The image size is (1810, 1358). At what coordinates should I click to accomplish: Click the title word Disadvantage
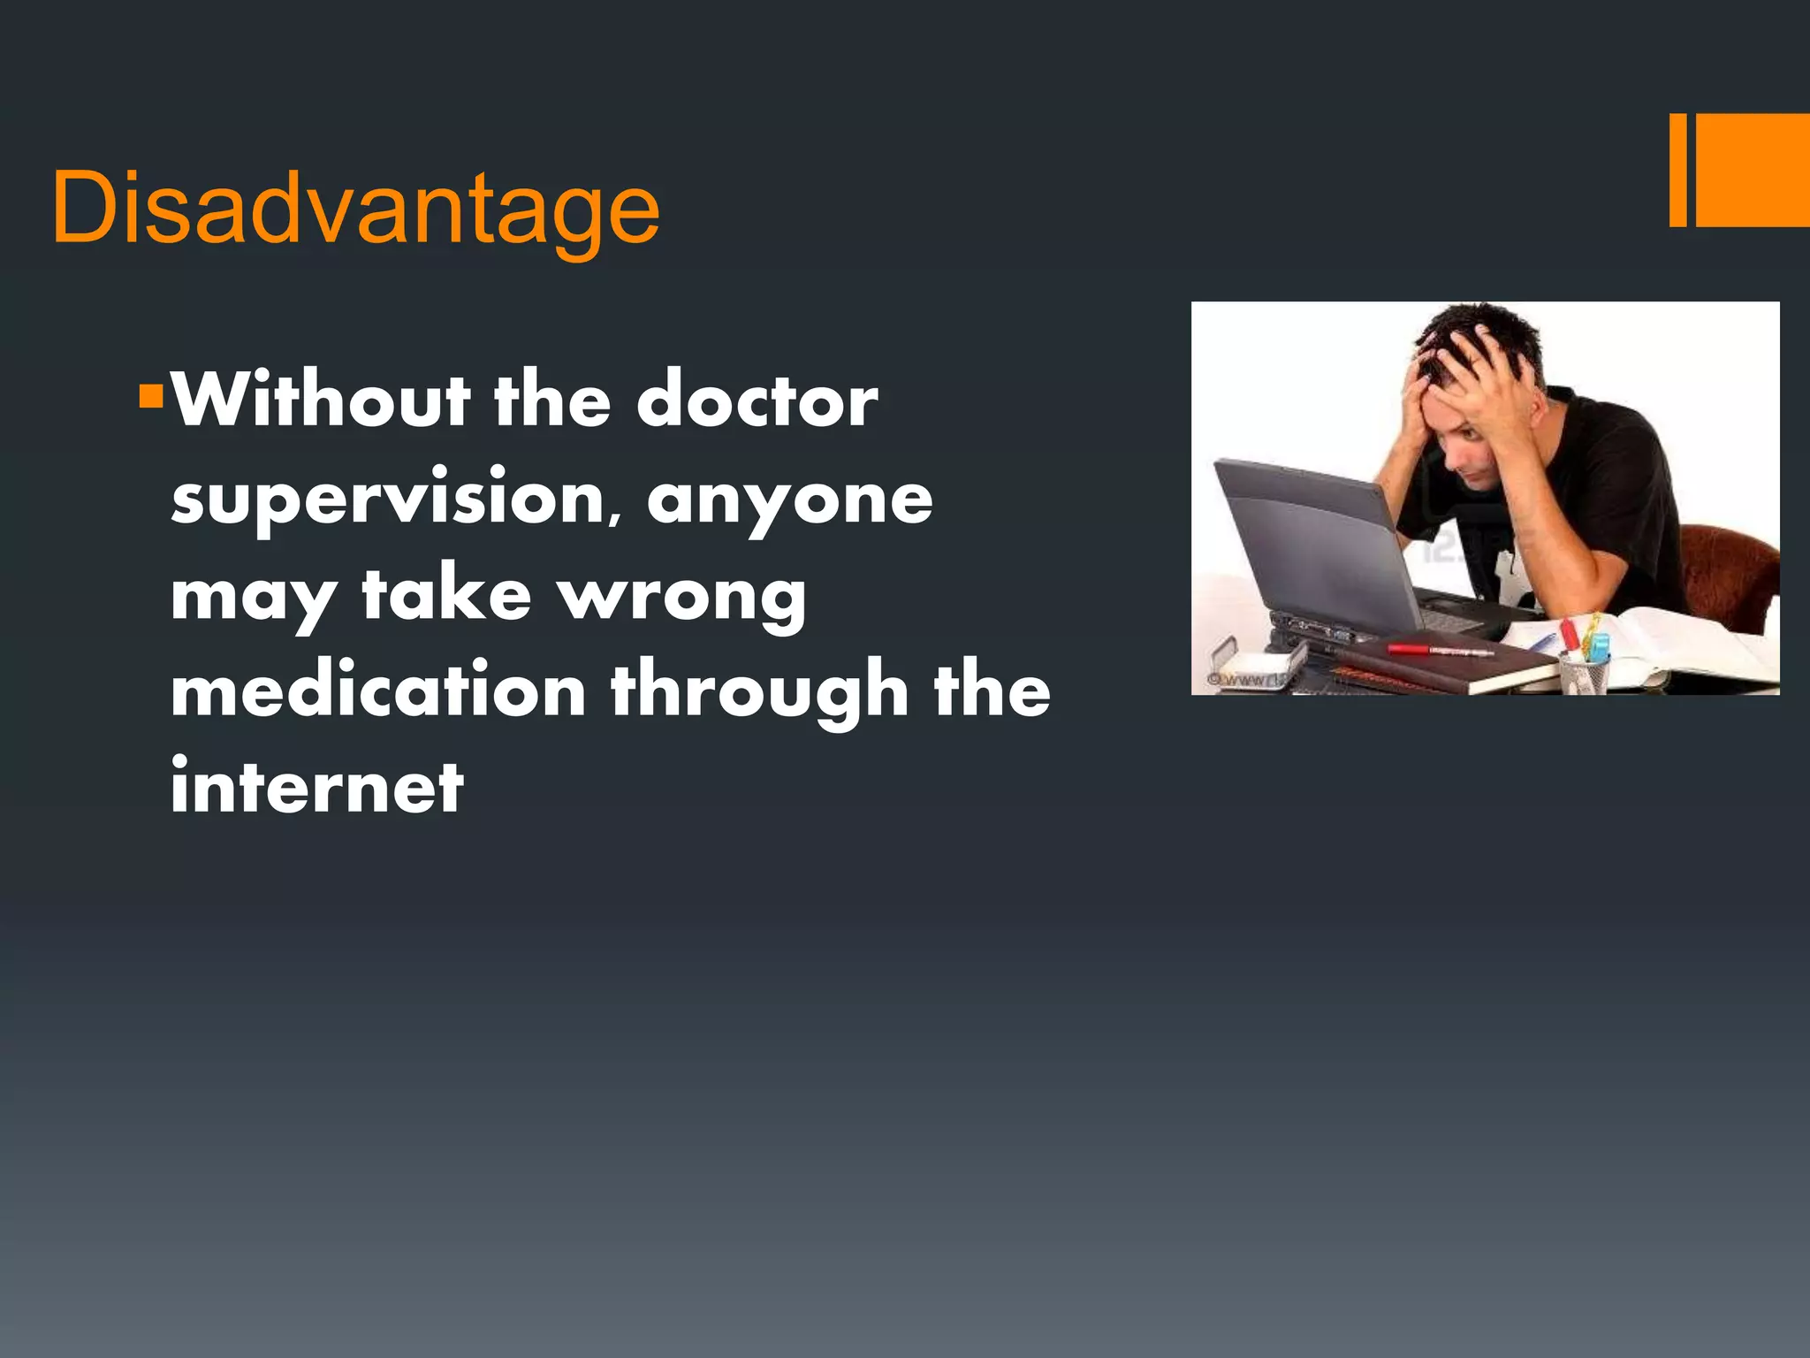click(355, 209)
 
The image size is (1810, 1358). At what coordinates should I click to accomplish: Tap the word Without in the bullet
click(321, 401)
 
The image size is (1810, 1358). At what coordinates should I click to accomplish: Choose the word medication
click(378, 690)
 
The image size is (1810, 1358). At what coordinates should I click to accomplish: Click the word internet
click(316, 786)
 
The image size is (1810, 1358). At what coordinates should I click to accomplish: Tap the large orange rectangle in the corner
click(1753, 170)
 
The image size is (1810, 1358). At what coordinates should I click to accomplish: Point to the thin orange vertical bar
click(1677, 170)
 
